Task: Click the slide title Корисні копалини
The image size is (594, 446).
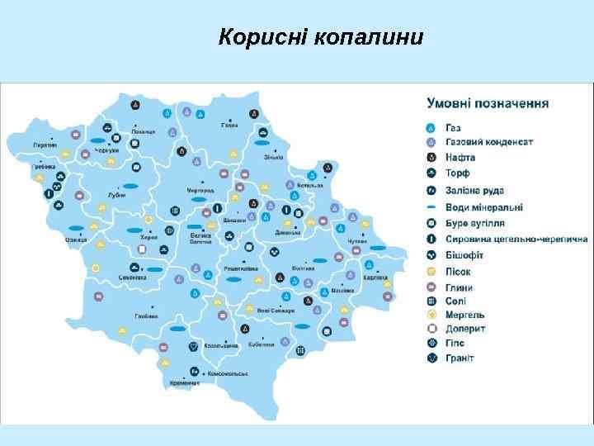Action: (320, 38)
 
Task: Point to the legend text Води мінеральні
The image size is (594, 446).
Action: (484, 207)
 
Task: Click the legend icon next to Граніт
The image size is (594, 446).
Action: (430, 358)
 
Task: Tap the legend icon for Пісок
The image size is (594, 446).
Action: (430, 271)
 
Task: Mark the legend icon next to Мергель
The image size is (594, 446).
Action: (430, 315)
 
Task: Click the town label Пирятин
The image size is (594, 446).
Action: (45, 145)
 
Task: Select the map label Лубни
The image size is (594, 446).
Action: (117, 196)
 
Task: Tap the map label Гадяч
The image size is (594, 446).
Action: (229, 126)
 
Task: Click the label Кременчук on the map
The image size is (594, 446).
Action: (186, 383)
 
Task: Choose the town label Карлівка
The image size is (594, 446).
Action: (375, 277)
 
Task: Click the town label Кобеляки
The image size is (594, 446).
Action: (261, 344)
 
